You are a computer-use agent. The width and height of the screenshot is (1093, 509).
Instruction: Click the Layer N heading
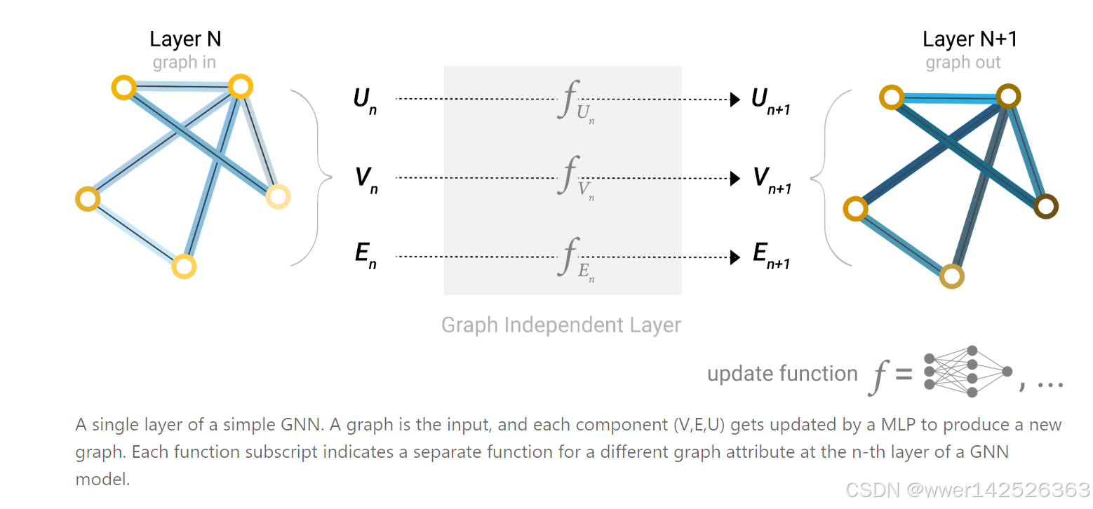(185, 39)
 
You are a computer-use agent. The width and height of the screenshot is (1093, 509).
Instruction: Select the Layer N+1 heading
(970, 39)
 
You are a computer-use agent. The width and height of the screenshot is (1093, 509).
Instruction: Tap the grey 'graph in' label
(185, 62)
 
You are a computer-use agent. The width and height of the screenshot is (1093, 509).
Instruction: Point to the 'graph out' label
(963, 62)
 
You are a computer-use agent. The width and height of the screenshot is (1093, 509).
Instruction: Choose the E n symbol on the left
(366, 254)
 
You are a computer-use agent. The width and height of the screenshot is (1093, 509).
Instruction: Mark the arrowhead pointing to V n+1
(735, 179)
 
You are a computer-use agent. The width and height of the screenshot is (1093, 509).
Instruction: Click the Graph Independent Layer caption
(561, 325)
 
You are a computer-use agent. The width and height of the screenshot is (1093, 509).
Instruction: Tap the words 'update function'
(782, 374)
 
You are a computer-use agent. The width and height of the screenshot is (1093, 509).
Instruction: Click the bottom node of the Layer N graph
(184, 266)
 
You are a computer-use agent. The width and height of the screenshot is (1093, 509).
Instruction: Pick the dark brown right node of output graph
(1045, 207)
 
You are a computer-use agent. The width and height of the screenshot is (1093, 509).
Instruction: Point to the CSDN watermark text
(967, 490)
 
